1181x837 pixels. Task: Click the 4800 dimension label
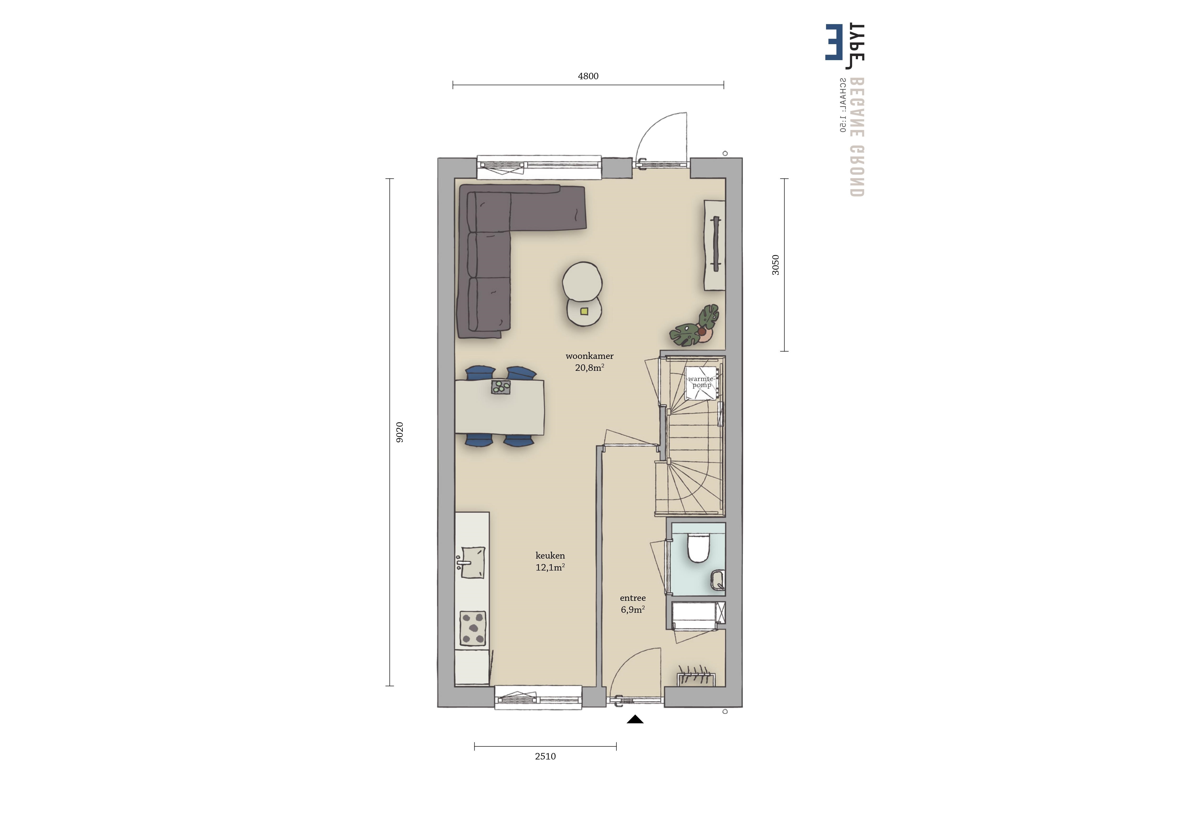[x=588, y=76]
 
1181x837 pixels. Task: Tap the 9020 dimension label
[x=399, y=432]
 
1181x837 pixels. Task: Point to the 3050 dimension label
[x=775, y=265]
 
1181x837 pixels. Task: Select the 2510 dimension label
[x=545, y=757]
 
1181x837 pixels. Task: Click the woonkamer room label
[x=589, y=356]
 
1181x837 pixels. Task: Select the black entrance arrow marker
[x=635, y=719]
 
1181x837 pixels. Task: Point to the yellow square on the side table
[x=584, y=311]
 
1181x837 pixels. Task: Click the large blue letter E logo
[x=834, y=42]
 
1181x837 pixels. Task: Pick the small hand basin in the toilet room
[x=717, y=580]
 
